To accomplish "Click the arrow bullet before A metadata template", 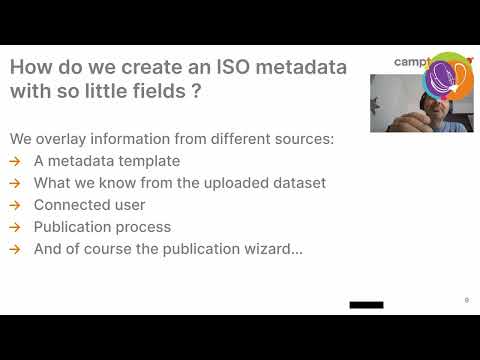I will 15,161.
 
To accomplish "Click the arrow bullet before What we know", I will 15,183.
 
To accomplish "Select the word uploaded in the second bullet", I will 230,183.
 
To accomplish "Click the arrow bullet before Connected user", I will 15,205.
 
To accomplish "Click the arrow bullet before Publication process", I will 15,227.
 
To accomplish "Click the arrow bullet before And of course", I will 15,249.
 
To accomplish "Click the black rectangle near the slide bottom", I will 366,303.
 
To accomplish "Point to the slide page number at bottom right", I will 466,300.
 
